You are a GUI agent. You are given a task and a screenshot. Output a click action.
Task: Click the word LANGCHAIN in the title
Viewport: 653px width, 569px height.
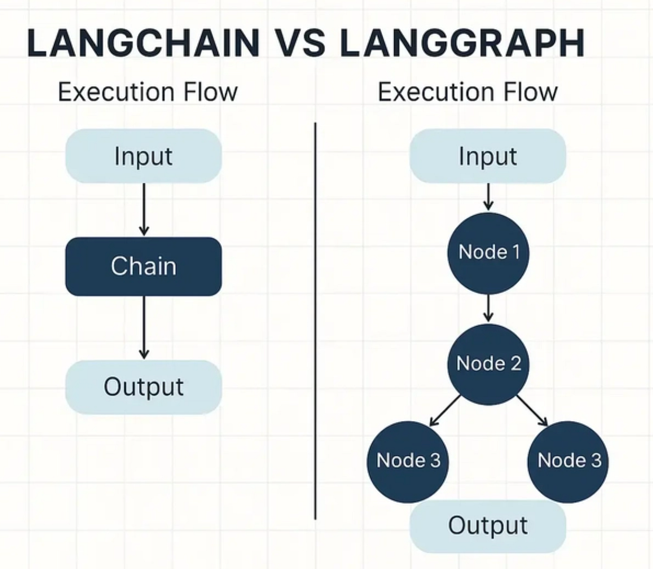(143, 44)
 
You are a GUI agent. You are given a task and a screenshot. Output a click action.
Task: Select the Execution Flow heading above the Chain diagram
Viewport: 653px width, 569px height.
(147, 92)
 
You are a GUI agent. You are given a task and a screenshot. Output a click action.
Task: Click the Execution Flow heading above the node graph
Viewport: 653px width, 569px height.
(467, 92)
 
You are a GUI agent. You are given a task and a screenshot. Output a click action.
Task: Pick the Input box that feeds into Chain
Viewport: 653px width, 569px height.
(144, 156)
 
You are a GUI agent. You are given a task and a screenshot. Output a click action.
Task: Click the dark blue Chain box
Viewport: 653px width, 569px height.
(144, 267)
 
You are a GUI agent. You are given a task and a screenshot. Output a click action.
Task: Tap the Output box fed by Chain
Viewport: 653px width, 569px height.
(144, 387)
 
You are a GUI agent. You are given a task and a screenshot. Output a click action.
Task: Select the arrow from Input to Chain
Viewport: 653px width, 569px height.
(144, 209)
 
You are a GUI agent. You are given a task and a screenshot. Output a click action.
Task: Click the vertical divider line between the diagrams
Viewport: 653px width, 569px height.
(315, 321)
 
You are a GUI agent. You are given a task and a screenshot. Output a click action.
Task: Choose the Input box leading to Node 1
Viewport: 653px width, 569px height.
(488, 156)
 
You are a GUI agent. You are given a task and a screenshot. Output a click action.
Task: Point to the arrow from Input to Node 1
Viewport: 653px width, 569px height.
(488, 197)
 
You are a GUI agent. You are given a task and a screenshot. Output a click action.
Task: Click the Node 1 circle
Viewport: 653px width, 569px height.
(488, 252)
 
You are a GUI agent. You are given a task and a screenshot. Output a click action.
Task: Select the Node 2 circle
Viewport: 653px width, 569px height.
(488, 363)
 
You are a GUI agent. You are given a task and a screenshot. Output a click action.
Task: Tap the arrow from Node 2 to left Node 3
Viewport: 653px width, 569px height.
(445, 411)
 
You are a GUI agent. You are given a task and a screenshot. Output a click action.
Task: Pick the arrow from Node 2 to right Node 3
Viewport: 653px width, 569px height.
(532, 411)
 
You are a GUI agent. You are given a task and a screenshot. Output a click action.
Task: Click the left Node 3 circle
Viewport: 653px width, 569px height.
(408, 461)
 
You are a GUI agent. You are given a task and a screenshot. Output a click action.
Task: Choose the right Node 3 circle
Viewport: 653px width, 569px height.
(569, 461)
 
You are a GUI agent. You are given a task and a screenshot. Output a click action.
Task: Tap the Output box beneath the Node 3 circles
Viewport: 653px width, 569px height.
(488, 526)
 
